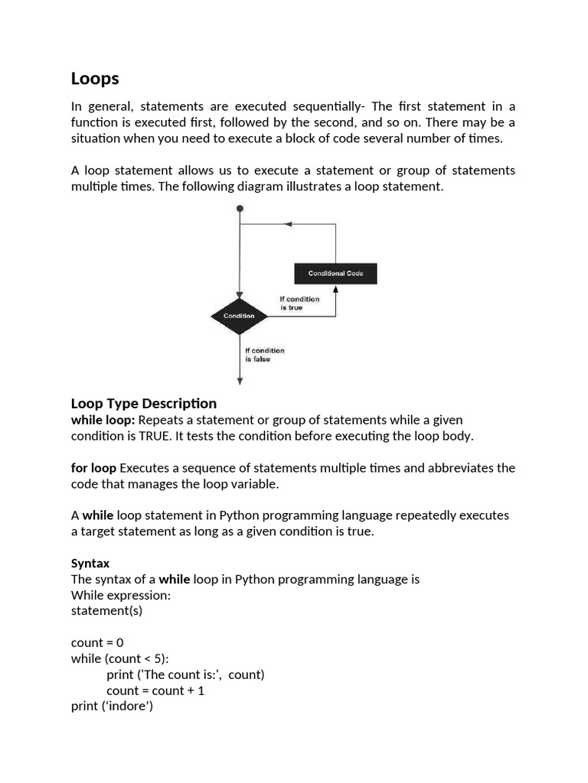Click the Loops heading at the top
pyautogui.click(x=95, y=79)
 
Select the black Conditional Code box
pyautogui.click(x=335, y=273)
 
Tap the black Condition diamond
pyautogui.click(x=239, y=316)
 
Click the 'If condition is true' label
pyautogui.click(x=299, y=303)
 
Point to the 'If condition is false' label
pyautogui.click(x=264, y=355)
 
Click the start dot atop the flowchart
pyautogui.click(x=240, y=208)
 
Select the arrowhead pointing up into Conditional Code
pyautogui.click(x=335, y=289)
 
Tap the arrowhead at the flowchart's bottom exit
pyautogui.click(x=240, y=380)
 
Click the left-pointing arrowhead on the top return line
pyautogui.click(x=288, y=225)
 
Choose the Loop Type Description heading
pyautogui.click(x=144, y=403)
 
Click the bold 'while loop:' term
pyautogui.click(x=103, y=420)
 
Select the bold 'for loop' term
pyautogui.click(x=93, y=468)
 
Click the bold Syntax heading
pyautogui.click(x=90, y=564)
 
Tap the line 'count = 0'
pyautogui.click(x=97, y=643)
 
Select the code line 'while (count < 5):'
pyautogui.click(x=120, y=658)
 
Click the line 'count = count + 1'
pyautogui.click(x=155, y=690)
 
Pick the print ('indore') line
pyautogui.click(x=113, y=706)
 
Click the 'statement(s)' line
pyautogui.click(x=106, y=611)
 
